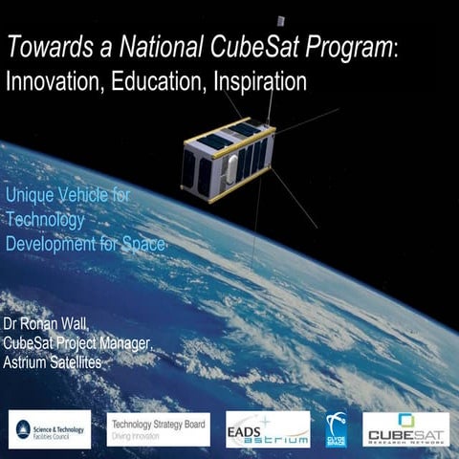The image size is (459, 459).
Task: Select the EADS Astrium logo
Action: coord(268,428)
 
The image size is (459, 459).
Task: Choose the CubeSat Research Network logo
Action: coord(405,428)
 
